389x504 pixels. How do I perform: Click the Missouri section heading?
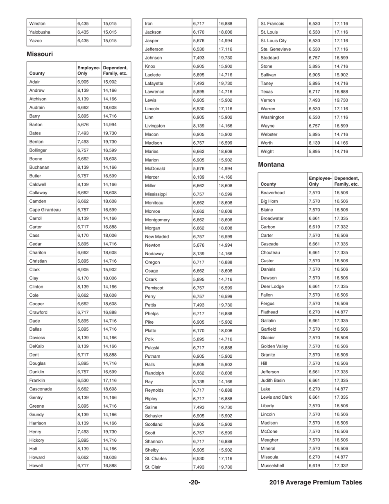[40, 54]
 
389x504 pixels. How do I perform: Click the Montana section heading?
[271, 164]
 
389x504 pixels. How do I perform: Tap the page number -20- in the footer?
[194, 482]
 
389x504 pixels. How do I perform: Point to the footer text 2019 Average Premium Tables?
[316, 482]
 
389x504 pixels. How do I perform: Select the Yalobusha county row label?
[40, 32]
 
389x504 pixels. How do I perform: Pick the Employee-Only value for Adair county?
[83, 82]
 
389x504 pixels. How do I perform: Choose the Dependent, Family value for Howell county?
[109, 465]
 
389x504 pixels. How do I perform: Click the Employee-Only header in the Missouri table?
[88, 70]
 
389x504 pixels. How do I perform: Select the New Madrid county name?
[157, 236]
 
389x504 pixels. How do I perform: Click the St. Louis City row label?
[274, 41]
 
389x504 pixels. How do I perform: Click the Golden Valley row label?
[274, 346]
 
